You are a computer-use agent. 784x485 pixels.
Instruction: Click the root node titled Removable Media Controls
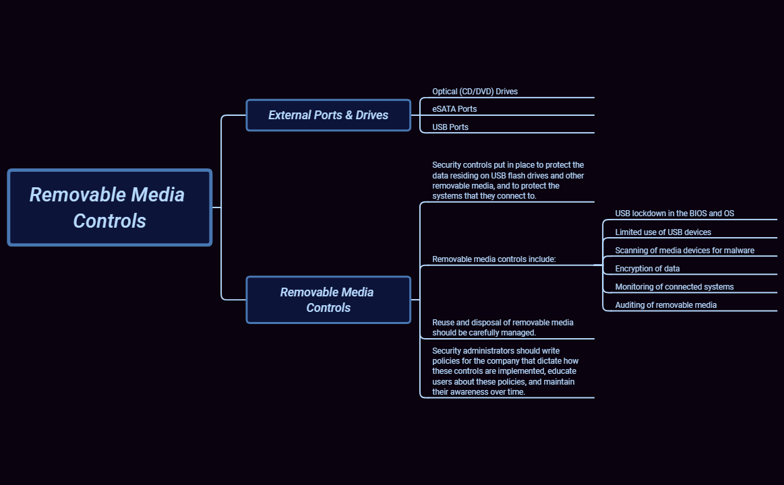tap(109, 207)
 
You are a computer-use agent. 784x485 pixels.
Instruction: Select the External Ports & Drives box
tap(328, 115)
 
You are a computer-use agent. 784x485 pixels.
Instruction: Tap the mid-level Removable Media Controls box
tap(328, 300)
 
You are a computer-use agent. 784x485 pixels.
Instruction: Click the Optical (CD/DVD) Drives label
tap(475, 92)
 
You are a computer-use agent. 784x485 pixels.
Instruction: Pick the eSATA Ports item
tap(454, 109)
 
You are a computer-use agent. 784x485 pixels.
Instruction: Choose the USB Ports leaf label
tap(450, 127)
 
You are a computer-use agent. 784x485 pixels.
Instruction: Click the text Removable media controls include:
tap(493, 259)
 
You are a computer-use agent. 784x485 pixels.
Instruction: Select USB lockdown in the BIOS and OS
tap(674, 214)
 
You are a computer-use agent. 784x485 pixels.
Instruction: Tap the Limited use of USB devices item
tap(663, 232)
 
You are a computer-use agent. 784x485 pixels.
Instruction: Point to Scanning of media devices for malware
tap(684, 251)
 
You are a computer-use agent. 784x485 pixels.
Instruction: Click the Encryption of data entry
tap(647, 269)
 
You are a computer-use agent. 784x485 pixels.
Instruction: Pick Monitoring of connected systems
tap(674, 287)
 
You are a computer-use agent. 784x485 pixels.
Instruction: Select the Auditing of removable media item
tap(665, 305)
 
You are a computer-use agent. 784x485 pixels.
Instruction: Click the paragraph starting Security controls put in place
tap(508, 181)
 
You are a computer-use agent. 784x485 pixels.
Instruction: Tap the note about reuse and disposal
tap(502, 327)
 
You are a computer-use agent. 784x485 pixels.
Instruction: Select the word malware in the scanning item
tap(740, 251)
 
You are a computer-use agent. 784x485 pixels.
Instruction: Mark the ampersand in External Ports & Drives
tap(349, 115)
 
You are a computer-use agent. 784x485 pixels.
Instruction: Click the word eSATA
tap(444, 109)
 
